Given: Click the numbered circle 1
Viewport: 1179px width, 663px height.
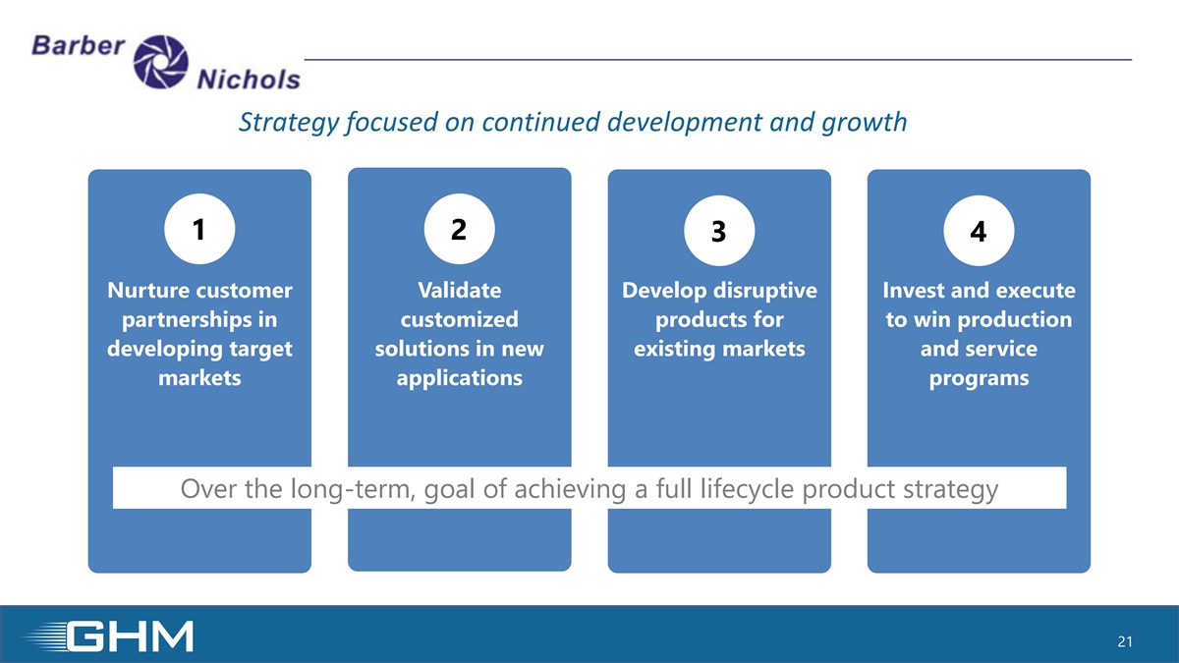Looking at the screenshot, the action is (199, 229).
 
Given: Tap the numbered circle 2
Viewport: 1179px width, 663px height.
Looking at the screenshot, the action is (460, 229).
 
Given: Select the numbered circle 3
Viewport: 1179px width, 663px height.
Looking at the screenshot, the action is (719, 231).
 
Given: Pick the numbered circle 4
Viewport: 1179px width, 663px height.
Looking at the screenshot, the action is (979, 231).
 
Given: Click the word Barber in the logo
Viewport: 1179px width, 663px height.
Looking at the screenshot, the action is (78, 45).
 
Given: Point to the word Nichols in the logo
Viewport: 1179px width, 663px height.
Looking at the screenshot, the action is (249, 80).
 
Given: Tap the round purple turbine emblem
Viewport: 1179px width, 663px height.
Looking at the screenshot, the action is (160, 62).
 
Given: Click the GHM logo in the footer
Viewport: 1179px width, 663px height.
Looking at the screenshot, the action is (109, 636).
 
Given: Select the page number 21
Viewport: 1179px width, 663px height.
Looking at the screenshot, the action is (1125, 641).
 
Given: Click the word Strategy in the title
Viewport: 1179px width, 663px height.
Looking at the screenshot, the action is (289, 123).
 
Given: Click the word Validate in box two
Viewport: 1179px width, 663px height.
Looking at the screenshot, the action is (460, 291).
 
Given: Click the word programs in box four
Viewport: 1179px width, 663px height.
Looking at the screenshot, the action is (979, 379).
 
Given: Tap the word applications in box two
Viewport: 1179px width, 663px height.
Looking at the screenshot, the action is (460, 379).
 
